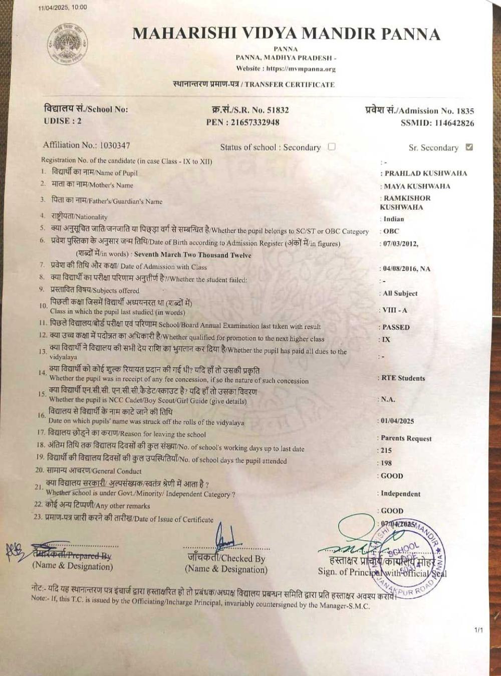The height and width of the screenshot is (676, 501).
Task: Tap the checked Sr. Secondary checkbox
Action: click(469, 147)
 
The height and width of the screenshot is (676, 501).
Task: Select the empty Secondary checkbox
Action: click(331, 147)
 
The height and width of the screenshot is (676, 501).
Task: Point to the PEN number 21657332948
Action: click(255, 122)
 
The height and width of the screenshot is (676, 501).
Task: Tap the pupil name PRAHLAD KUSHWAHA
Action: click(425, 173)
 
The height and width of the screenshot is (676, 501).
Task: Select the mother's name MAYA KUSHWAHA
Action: click(417, 186)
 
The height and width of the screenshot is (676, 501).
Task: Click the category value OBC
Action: click(391, 231)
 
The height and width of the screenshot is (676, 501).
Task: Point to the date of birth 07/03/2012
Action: click(400, 244)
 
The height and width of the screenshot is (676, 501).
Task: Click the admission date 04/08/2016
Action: click(399, 269)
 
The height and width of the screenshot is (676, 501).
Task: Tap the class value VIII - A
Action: click(395, 310)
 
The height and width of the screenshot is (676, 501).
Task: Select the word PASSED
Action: click(396, 327)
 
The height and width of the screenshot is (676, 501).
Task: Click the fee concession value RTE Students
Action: click(403, 378)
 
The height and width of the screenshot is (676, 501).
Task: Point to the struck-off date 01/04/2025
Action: click(397, 421)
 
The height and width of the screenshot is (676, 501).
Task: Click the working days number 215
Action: click(386, 451)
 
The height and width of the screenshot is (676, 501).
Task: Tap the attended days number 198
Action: click(386, 463)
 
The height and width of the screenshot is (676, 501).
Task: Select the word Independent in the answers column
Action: click(400, 494)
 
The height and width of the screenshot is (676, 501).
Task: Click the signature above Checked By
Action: click(225, 539)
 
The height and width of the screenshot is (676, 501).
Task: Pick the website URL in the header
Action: click(301, 69)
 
